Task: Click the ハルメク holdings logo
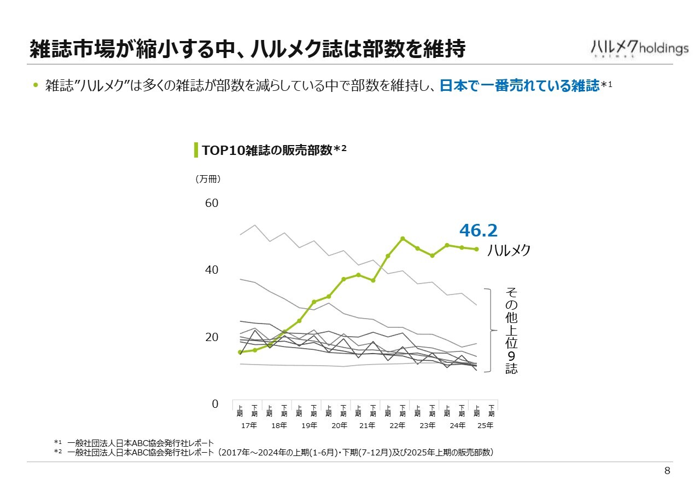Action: coord(639,48)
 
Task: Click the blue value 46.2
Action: coord(479,230)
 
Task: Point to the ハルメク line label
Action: coord(509,250)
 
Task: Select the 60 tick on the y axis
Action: coord(211,203)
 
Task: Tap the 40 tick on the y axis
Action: coord(211,270)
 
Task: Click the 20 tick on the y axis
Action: coord(211,337)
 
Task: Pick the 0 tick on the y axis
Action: coord(215,404)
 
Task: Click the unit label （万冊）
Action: coord(208,178)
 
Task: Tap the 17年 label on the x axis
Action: coord(249,425)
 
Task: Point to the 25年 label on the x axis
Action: coord(486,425)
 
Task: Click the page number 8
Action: coord(667,471)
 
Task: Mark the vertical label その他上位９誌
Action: coord(511,330)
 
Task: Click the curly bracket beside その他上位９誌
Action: coord(489,330)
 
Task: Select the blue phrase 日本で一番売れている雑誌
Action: coord(520,86)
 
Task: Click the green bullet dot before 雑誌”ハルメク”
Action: coord(36,85)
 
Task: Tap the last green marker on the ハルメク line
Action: coord(476,249)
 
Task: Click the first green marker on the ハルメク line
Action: coord(240,352)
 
